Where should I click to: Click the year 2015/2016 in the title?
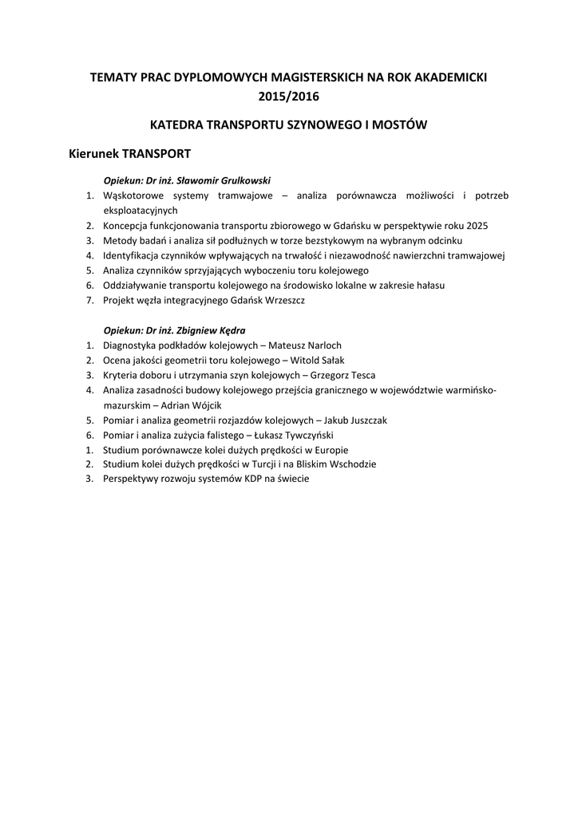[x=288, y=97]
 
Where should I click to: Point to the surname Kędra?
[x=231, y=330]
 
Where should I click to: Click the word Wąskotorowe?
[x=133, y=195]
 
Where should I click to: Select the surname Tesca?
[x=359, y=375]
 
